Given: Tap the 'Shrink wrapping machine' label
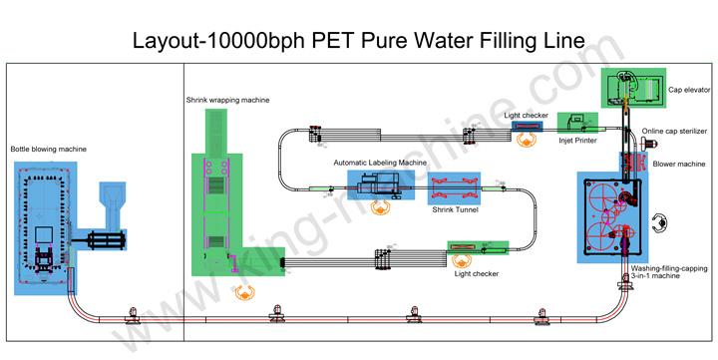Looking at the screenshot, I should click(226, 100).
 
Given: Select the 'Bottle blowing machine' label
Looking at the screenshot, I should click(48, 150).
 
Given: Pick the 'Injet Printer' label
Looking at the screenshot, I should click(578, 141).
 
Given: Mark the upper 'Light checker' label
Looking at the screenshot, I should click(525, 115).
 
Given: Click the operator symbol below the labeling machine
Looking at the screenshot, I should click(379, 208).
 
